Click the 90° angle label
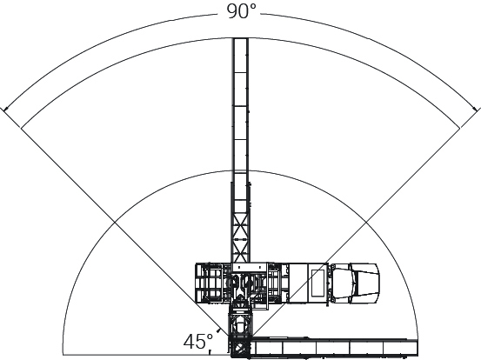(x=241, y=11)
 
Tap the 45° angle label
(x=198, y=341)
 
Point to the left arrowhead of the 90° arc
(x=5, y=109)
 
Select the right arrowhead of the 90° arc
(x=475, y=109)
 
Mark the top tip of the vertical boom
(x=241, y=38)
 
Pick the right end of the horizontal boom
(x=417, y=348)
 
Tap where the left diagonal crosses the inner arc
(x=115, y=222)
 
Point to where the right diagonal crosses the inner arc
(x=366, y=222)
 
